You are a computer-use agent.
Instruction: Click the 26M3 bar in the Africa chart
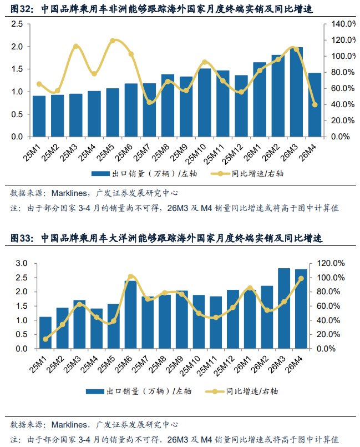coord(296,92)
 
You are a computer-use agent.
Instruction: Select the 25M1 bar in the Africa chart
coord(39,116)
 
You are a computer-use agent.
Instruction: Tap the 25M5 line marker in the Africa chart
coord(113,41)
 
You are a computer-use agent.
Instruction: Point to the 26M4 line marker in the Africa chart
coord(315,104)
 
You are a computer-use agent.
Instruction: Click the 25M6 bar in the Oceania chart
coord(131,315)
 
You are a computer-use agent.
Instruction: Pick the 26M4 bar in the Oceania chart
coord(301,309)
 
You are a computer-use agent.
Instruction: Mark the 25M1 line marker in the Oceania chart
coord(45,339)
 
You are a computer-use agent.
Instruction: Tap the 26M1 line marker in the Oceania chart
coord(250,288)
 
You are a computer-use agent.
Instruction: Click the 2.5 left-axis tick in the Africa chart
coord(17,24)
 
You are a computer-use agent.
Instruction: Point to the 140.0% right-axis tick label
coord(343,24)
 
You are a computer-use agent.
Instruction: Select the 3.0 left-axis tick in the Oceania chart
coord(22,263)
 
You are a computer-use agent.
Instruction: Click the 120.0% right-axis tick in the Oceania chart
coord(331,263)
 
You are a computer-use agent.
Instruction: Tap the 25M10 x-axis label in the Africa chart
coord(196,154)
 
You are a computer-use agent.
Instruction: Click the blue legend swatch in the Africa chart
coord(100,174)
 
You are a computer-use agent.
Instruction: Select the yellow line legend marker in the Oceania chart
coord(215,391)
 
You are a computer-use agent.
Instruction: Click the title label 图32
coord(22,9)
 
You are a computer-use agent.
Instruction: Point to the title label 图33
coord(22,238)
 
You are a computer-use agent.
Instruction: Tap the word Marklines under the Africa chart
coord(69,193)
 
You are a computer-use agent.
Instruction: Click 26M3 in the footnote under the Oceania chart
coord(178,439)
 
